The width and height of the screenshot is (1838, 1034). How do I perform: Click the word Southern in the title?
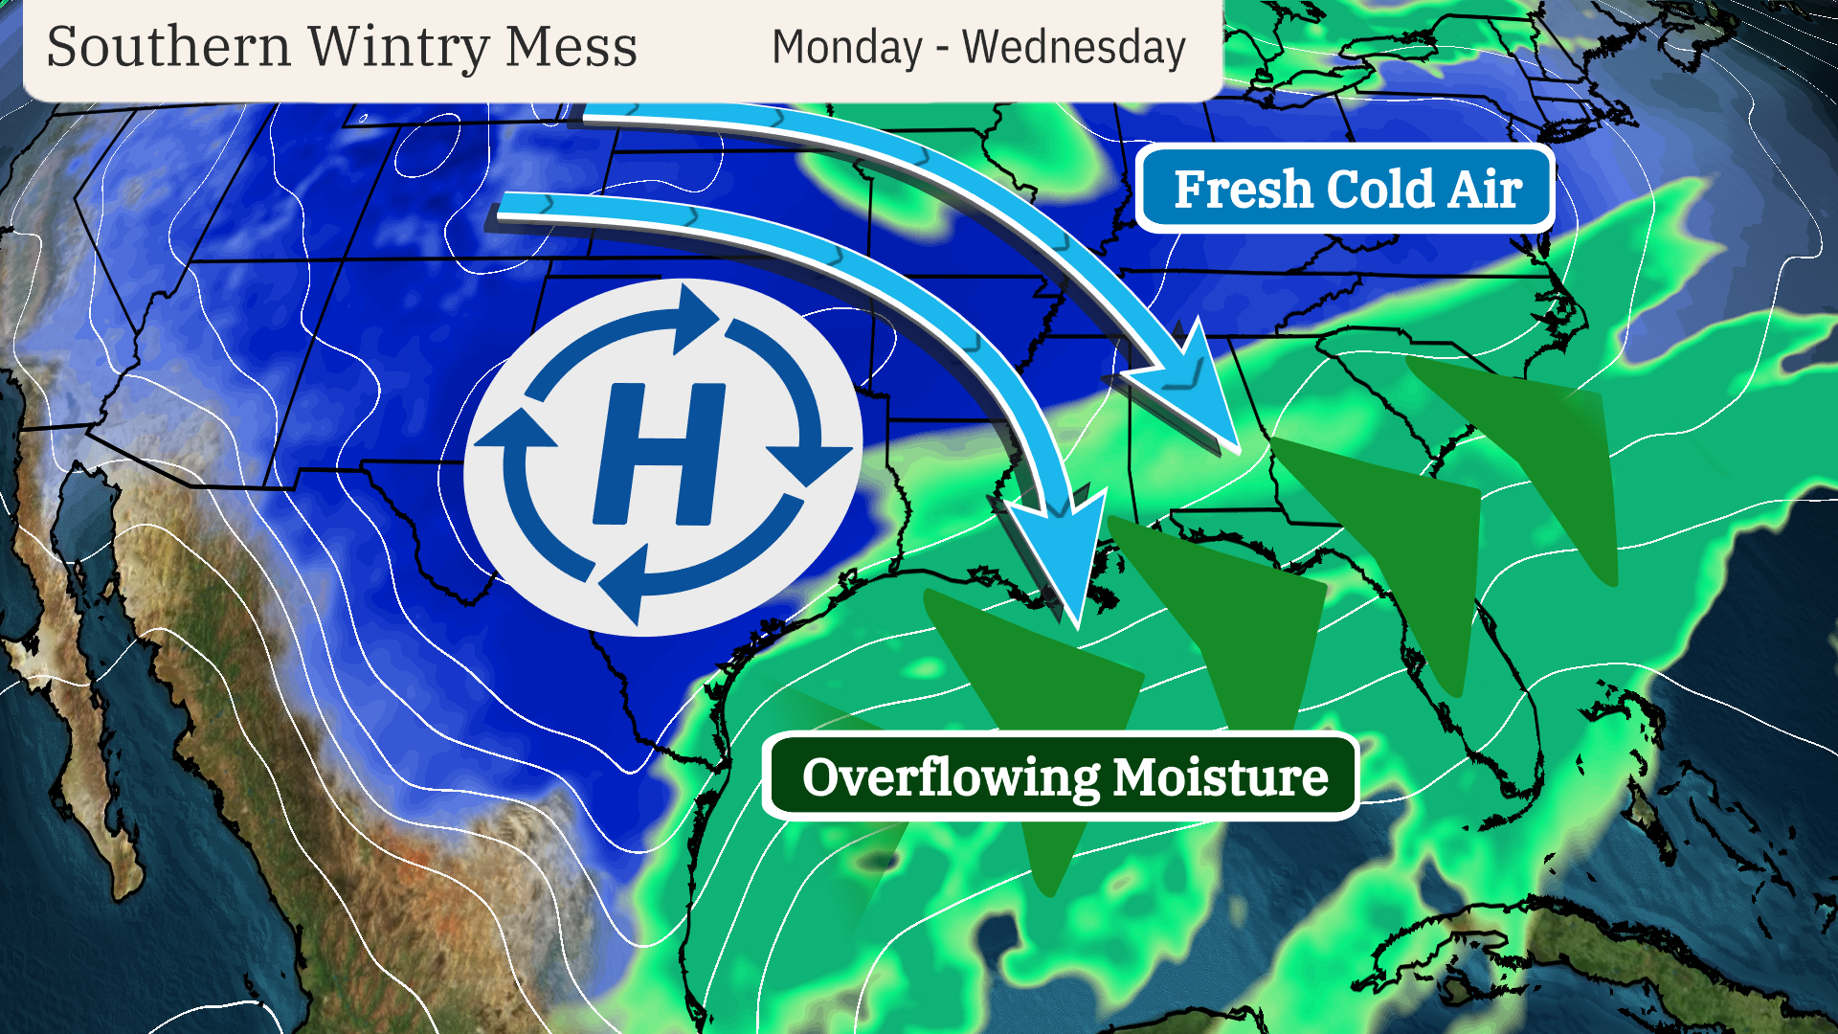(168, 47)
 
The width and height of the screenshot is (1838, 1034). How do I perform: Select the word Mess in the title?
(571, 47)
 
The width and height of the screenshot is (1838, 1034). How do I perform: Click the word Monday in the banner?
(846, 48)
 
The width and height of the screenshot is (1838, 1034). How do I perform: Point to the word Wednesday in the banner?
(1073, 48)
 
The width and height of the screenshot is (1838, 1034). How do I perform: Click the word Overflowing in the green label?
(951, 776)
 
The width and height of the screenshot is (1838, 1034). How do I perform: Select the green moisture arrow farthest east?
(1541, 450)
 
